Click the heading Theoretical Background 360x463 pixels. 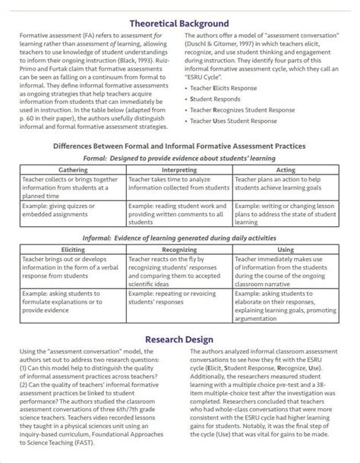[x=180, y=25]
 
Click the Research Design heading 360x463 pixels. [x=180, y=339]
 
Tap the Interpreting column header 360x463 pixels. [x=179, y=170]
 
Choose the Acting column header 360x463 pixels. [x=286, y=170]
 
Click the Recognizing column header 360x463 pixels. [x=179, y=248]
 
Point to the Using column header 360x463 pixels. [x=286, y=248]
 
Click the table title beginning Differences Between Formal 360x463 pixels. [x=180, y=146]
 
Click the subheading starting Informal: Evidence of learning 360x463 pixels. [x=180, y=237]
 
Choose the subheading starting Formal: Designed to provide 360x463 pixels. [x=180, y=159]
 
